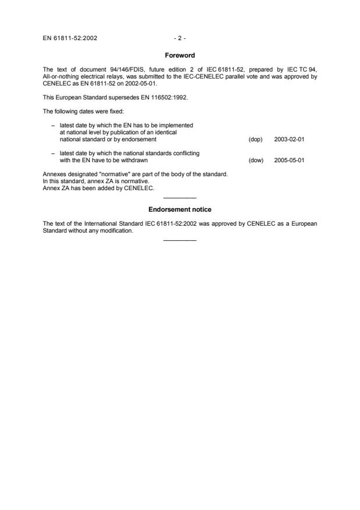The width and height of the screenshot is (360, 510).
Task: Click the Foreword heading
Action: point(180,55)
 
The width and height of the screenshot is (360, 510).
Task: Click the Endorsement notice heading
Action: point(180,209)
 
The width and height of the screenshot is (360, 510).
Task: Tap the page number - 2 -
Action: point(180,38)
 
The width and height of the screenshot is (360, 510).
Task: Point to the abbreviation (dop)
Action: point(255,140)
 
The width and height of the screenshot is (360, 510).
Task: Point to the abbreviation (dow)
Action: point(256,160)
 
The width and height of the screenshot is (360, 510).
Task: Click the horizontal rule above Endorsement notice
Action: point(180,198)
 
